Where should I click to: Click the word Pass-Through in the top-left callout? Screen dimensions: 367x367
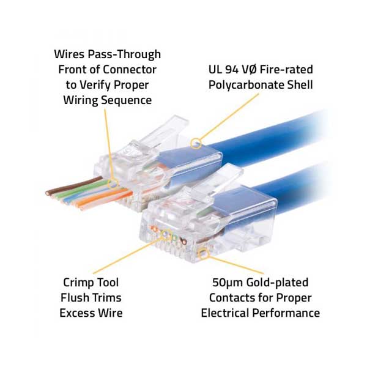(124, 54)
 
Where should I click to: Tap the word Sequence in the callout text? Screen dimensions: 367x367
(127, 100)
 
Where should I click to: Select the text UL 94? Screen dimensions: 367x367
(223, 70)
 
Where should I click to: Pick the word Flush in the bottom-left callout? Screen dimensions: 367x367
(75, 298)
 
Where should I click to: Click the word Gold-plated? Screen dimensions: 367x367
(277, 283)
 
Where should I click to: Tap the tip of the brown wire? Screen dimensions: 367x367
(48, 193)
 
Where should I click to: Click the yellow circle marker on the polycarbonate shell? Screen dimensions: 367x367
(196, 143)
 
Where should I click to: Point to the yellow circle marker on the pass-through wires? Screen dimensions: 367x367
(113, 183)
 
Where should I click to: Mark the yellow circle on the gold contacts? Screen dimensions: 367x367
(204, 254)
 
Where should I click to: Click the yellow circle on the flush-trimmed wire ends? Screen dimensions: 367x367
(166, 234)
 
